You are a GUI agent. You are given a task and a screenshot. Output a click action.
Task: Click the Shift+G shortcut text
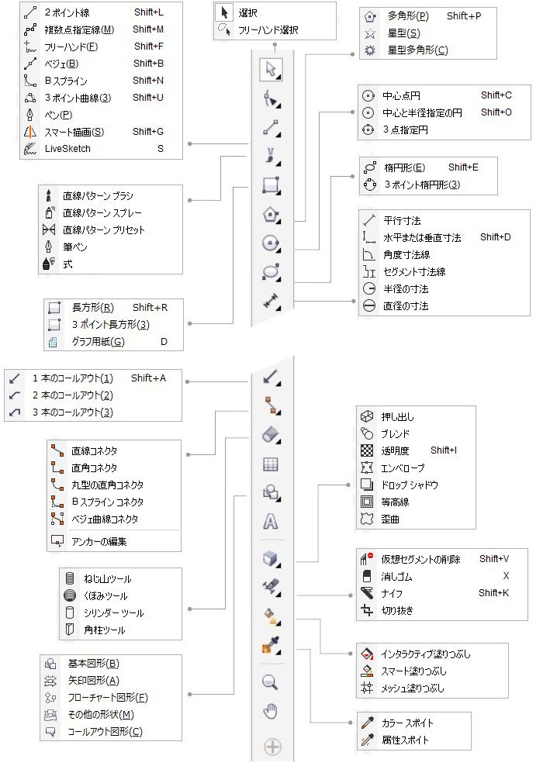[147, 132]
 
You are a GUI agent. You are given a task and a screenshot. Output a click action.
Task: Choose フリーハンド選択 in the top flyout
[268, 31]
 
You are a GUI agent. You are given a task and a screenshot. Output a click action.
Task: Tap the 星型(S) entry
[404, 33]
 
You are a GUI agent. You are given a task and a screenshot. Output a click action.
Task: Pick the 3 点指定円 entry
[405, 130]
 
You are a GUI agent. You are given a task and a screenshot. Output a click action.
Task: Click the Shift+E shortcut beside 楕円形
[463, 167]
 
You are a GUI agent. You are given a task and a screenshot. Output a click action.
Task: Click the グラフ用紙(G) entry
[98, 341]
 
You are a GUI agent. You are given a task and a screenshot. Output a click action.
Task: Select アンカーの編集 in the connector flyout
[99, 541]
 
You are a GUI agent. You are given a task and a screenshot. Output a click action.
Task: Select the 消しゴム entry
[397, 577]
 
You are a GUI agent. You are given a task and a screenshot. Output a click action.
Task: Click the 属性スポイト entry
[406, 740]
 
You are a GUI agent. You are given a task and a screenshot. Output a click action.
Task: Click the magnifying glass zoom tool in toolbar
[271, 683]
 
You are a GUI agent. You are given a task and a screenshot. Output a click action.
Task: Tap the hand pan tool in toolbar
[271, 712]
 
